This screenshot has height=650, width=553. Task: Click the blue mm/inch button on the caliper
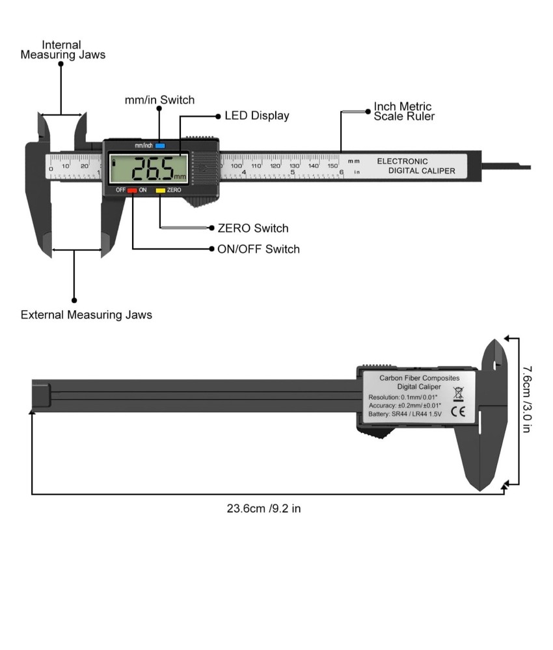click(160, 146)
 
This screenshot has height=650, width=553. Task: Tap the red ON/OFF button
click(132, 190)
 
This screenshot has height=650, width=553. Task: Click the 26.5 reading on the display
click(152, 169)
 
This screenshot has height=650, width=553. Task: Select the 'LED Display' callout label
click(256, 116)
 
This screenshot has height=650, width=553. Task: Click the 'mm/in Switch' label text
click(159, 100)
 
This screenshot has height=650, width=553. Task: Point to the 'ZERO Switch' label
click(253, 228)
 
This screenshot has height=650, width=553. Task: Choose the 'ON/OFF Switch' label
click(258, 249)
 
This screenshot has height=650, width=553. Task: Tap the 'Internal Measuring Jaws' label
click(62, 50)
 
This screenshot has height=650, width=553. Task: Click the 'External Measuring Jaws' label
click(86, 315)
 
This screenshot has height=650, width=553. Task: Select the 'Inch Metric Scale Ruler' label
click(403, 111)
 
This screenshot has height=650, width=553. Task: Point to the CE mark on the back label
click(458, 411)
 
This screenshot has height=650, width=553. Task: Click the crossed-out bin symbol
click(458, 393)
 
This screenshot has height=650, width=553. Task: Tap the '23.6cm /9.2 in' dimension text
click(263, 508)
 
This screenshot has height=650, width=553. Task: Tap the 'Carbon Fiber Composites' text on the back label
click(419, 378)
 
